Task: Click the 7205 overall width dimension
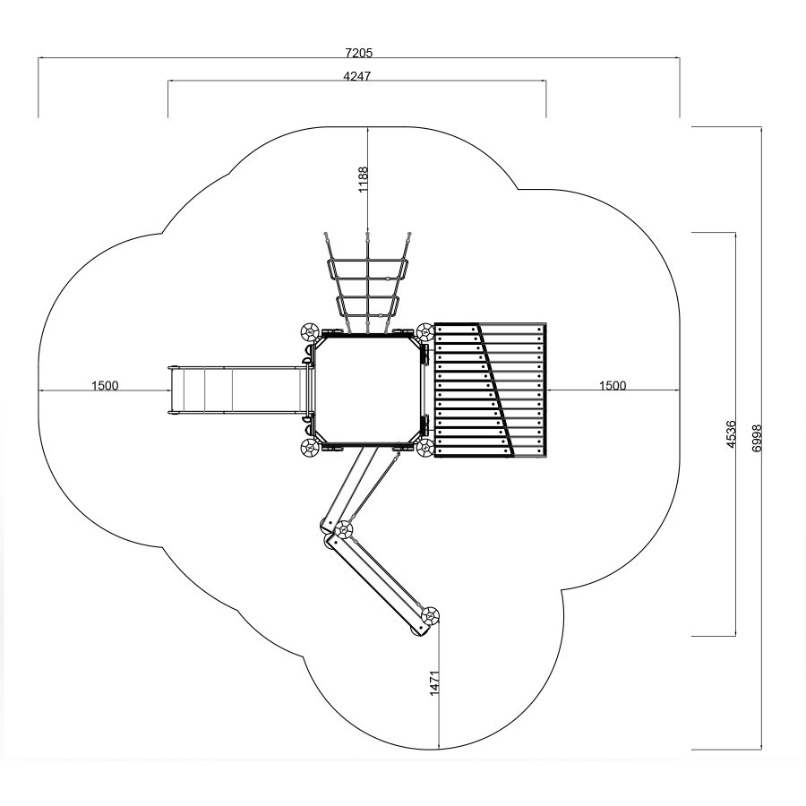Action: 359,53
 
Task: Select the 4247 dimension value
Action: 356,76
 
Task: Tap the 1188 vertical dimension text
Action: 364,179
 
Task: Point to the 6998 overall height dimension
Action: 756,438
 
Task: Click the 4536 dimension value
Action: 732,434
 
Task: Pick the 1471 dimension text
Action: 435,683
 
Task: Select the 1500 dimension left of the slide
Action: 105,385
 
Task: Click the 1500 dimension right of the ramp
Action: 613,385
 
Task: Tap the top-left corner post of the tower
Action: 310,332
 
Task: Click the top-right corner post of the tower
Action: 425,332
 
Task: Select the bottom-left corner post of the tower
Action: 310,448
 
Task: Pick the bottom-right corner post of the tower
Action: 425,448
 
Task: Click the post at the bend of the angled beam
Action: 343,529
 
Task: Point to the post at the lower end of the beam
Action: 430,615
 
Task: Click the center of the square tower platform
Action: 368,390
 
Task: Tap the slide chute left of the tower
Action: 238,390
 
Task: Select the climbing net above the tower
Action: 368,283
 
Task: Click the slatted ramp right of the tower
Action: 490,390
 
